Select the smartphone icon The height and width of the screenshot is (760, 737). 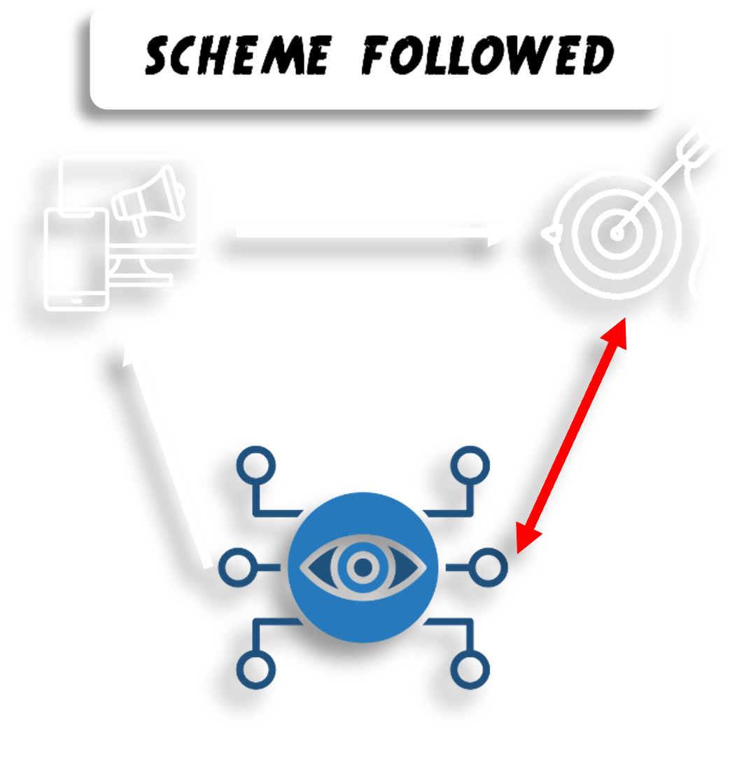click(76, 259)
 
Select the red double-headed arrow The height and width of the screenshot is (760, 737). click(571, 434)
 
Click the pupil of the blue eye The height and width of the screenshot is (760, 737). click(363, 567)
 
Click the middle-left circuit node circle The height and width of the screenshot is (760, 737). click(237, 567)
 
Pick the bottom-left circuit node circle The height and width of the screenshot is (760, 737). click(256, 669)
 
